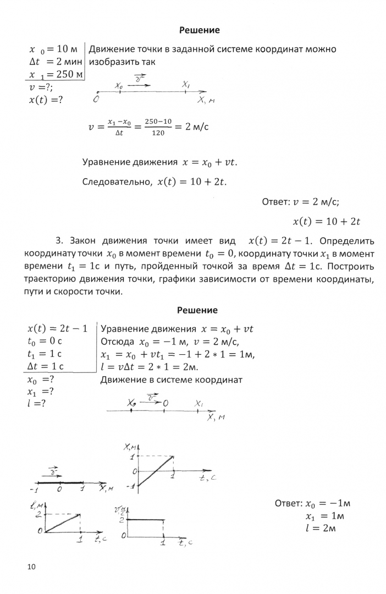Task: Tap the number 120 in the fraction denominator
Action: click(x=157, y=134)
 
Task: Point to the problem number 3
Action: click(x=59, y=241)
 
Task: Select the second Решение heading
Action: click(x=198, y=311)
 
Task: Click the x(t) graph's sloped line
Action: click(x=156, y=471)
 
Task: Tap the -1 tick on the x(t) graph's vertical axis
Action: click(x=131, y=486)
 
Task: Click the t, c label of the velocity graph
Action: click(x=184, y=543)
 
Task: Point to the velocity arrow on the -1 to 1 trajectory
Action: click(x=53, y=472)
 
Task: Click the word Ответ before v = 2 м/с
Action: click(x=275, y=202)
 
